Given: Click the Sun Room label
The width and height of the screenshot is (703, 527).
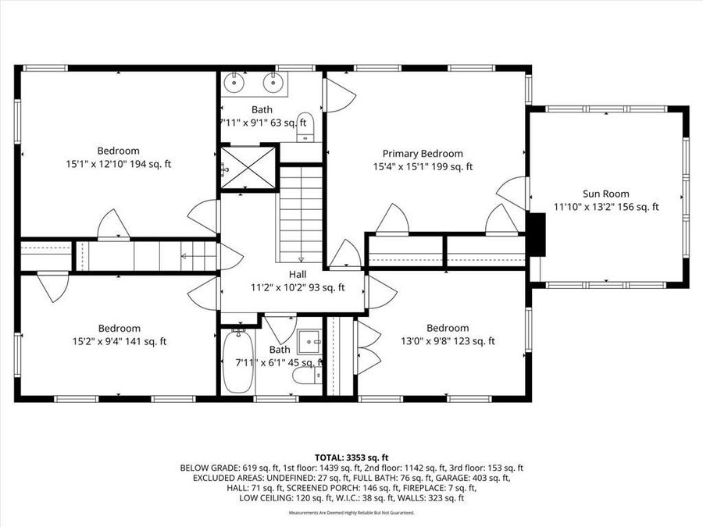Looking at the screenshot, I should tap(605, 194).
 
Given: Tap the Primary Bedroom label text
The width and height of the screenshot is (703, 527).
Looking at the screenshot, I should tap(422, 154).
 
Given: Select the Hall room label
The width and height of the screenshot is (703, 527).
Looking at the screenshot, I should tap(298, 274).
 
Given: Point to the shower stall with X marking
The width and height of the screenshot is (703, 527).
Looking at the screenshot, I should tap(248, 167).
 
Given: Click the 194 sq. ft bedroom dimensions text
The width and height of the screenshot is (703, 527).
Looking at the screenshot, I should tap(119, 164).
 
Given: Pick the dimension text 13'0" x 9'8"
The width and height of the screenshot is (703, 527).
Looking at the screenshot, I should tap(447, 341).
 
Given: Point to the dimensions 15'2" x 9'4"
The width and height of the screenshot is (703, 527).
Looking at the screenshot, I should tap(119, 341).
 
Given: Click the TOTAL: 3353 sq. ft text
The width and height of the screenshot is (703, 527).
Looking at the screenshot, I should tap(351, 457).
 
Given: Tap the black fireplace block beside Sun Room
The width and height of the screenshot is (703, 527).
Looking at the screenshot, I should tap(537, 234).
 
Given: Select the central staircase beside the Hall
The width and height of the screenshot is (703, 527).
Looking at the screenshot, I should tap(301, 215).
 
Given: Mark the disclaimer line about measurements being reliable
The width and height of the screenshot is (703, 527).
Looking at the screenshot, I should tap(351, 513).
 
